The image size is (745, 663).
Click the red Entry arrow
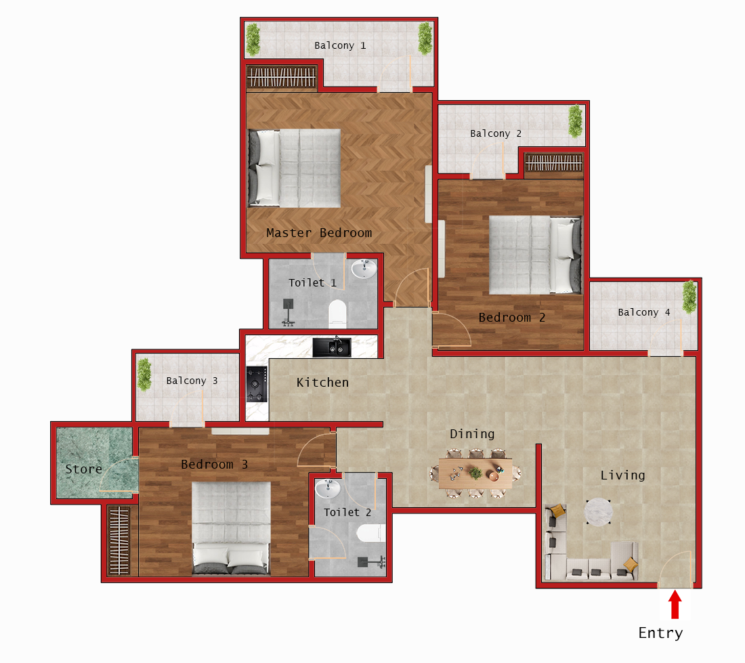pos(675,605)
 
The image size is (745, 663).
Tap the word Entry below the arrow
pos(660,633)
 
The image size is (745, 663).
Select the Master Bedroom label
pos(319,233)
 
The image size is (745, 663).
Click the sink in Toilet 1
pos(364,269)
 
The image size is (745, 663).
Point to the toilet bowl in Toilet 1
pos(337,313)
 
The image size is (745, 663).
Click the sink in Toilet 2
pos(328,488)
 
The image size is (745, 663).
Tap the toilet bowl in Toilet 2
pos(369,534)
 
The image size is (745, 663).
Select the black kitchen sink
pos(332,347)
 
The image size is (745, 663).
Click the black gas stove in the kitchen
pos(257,385)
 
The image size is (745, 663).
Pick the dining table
pos(476,473)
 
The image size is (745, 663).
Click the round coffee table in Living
pos(598,512)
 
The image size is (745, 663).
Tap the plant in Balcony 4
pos(689,297)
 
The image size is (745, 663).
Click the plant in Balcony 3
pos(144,375)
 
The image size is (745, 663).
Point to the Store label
pos(83,469)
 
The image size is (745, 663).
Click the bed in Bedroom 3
pos(231,528)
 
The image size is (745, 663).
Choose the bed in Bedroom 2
pos(535,255)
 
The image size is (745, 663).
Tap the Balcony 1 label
pos(340,45)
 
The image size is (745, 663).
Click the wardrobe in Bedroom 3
pos(119,540)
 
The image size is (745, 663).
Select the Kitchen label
pos(322,383)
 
